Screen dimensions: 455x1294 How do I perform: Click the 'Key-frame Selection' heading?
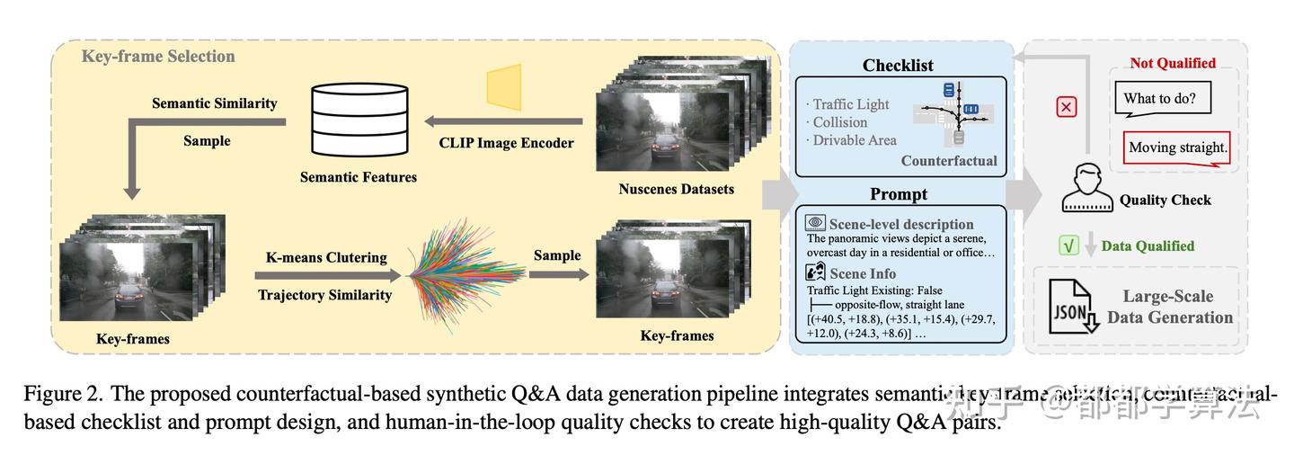coord(158,56)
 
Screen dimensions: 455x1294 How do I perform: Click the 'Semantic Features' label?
coord(358,177)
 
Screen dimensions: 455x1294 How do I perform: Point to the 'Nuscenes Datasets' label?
coord(676,189)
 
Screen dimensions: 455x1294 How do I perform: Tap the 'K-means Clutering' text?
coord(326,257)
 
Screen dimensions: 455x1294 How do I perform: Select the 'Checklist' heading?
coord(897,65)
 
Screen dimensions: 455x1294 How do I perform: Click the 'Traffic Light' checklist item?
coord(850,104)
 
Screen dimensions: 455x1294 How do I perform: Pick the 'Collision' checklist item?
coord(839,122)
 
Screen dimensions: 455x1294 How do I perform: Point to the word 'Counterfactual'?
coord(949,161)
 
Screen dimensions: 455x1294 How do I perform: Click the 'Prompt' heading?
coord(898,194)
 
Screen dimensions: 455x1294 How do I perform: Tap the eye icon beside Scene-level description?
coord(815,223)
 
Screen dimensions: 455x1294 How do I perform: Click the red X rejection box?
coord(1066,107)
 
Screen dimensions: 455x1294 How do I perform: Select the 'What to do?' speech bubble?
coord(1165,98)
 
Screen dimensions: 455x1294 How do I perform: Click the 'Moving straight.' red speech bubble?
coord(1177,147)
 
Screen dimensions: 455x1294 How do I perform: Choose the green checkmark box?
coord(1068,245)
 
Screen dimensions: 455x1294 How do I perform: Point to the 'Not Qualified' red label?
coord(1172,63)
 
